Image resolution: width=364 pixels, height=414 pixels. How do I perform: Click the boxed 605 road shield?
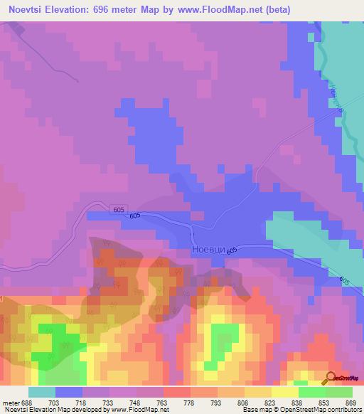[x=118, y=208]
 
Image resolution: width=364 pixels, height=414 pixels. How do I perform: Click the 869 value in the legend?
[x=350, y=403]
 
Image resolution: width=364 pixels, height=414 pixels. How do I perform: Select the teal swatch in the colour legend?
[x=41, y=392]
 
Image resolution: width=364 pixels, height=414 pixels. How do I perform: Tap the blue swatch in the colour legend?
[x=68, y=392]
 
